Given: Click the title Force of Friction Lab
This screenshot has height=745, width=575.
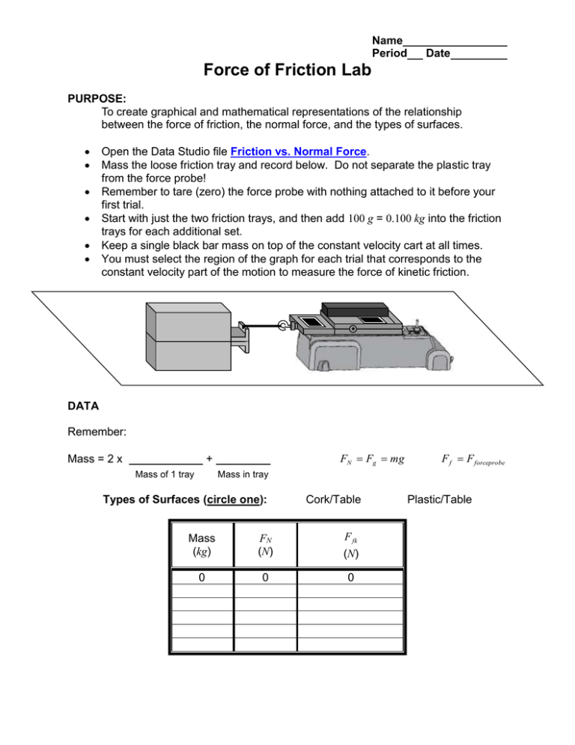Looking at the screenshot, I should coord(287,70).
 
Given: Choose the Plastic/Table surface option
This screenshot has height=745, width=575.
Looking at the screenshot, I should coord(439,498).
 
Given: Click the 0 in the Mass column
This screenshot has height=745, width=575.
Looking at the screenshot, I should coord(201,579).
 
